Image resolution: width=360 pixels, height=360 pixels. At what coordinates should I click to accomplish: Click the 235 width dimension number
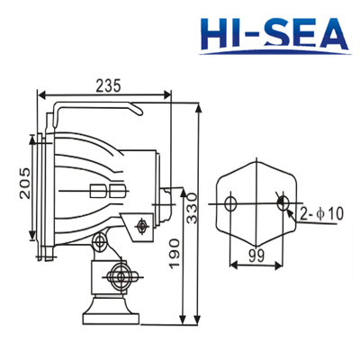(107, 85)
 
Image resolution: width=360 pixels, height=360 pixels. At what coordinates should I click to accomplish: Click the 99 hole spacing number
(256, 255)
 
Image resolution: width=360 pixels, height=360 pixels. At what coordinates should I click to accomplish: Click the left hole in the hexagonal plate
(231, 204)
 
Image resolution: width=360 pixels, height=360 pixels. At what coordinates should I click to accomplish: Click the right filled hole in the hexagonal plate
(283, 204)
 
